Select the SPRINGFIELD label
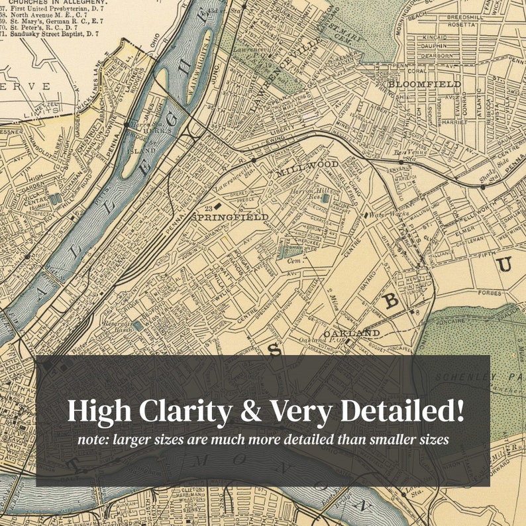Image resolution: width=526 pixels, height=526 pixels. pos(230,217)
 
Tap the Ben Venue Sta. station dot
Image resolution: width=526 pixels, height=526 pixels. pos(401,161)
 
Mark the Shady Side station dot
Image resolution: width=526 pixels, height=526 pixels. pos(483,187)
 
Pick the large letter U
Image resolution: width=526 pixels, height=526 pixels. pos(505,264)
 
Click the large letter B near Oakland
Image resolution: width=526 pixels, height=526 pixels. pos(392,302)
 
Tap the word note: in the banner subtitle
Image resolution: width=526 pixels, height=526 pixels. pos(91,440)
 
